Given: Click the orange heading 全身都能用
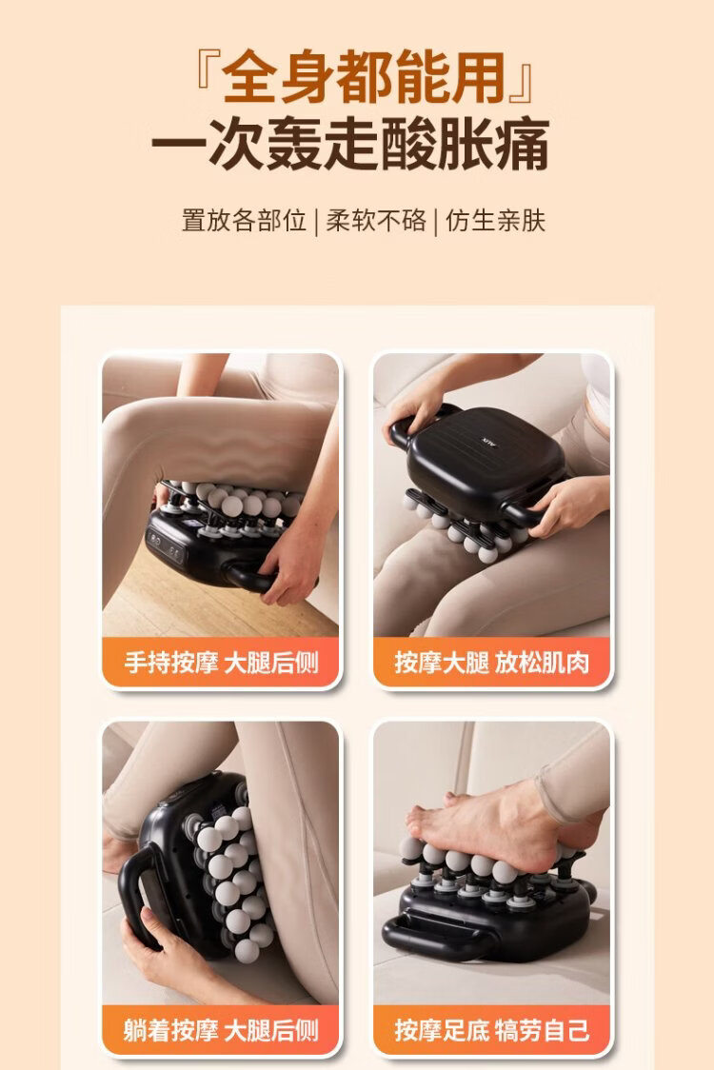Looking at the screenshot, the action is pos(363,76).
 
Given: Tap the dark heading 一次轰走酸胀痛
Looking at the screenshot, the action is pos(350,144).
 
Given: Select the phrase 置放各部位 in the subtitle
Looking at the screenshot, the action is pos(244,221).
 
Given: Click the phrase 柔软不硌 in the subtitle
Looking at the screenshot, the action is pos(375,221).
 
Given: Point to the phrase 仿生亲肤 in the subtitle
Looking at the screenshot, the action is pos(496,221).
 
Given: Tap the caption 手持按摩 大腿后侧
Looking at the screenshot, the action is pos(221,662).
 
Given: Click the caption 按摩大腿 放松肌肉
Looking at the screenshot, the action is pos(491,662).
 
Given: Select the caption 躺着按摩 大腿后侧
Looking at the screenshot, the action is pos(221,1030).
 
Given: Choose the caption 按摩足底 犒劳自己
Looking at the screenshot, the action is pos(491,1030).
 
